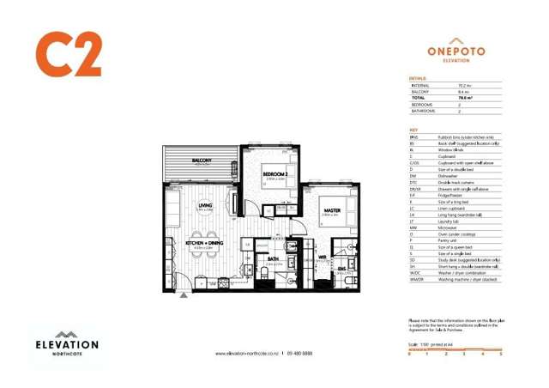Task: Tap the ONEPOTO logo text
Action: click(x=456, y=52)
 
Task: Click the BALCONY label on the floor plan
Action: click(x=202, y=160)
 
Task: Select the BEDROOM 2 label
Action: click(x=275, y=174)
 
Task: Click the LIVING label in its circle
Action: click(x=205, y=206)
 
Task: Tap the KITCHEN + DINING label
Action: click(x=204, y=244)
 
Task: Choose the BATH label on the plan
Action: click(x=272, y=258)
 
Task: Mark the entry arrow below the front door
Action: click(x=183, y=294)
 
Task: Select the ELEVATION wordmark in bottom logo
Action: click(x=65, y=345)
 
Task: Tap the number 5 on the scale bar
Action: click(x=500, y=353)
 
